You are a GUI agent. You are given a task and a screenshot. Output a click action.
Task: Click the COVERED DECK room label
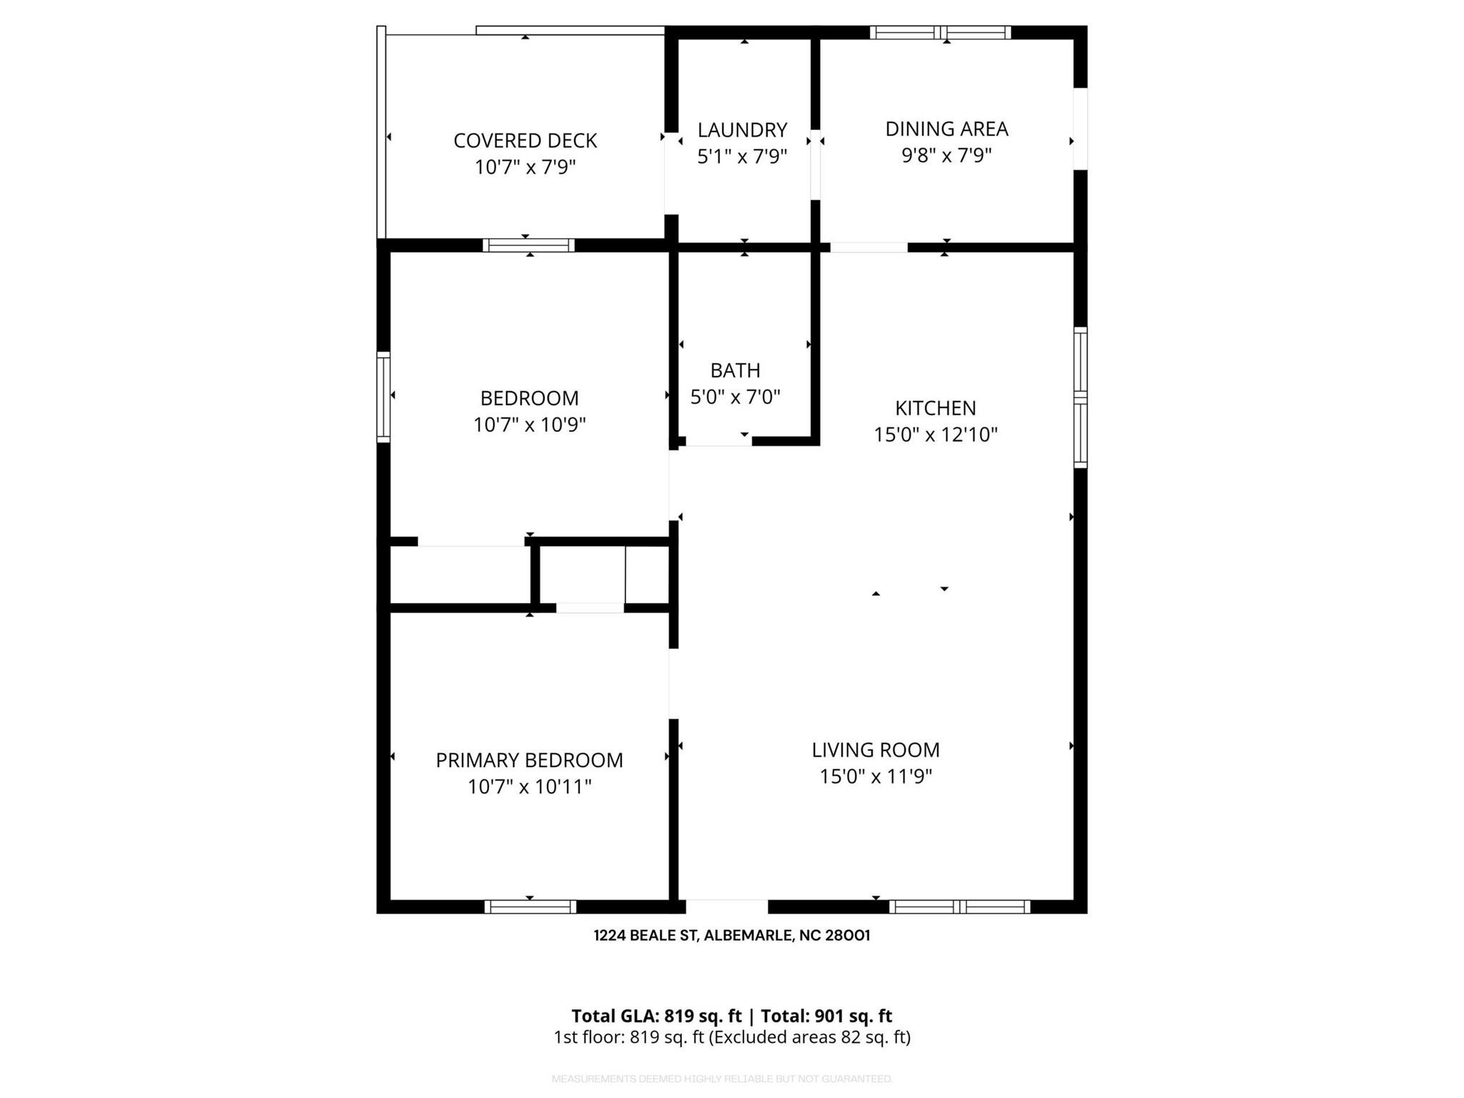tap(525, 141)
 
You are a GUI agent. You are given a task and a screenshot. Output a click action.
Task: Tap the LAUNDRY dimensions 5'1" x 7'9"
tap(742, 157)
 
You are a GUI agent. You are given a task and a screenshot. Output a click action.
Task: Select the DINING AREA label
tap(946, 129)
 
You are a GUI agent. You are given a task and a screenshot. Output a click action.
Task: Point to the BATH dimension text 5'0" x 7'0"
tap(735, 397)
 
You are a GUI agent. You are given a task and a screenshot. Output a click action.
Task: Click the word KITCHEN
tap(935, 408)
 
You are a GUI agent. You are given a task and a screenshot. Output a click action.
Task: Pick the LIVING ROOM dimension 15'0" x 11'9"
tap(875, 776)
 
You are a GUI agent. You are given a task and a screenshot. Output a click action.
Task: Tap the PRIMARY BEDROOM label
tap(529, 760)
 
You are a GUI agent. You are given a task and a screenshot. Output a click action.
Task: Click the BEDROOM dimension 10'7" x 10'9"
tap(529, 425)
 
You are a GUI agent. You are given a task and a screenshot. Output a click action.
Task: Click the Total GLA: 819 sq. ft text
tap(656, 1016)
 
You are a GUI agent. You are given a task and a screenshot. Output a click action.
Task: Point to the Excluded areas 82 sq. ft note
tap(809, 1037)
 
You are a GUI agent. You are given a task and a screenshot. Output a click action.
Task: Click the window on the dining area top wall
tap(940, 32)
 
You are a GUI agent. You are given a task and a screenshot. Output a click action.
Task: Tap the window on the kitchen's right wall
tap(1080, 397)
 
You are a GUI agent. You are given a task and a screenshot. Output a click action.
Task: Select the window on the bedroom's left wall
tap(384, 397)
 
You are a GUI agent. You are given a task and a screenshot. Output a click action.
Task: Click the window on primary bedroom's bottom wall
tap(530, 906)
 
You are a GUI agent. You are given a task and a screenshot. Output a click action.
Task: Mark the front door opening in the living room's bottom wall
tap(726, 906)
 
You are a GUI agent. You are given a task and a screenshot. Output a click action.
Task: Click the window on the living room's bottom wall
tap(959, 906)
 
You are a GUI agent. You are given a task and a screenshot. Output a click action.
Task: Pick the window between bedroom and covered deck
tap(528, 245)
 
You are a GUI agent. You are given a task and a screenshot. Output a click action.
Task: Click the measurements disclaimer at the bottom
tap(722, 1079)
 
